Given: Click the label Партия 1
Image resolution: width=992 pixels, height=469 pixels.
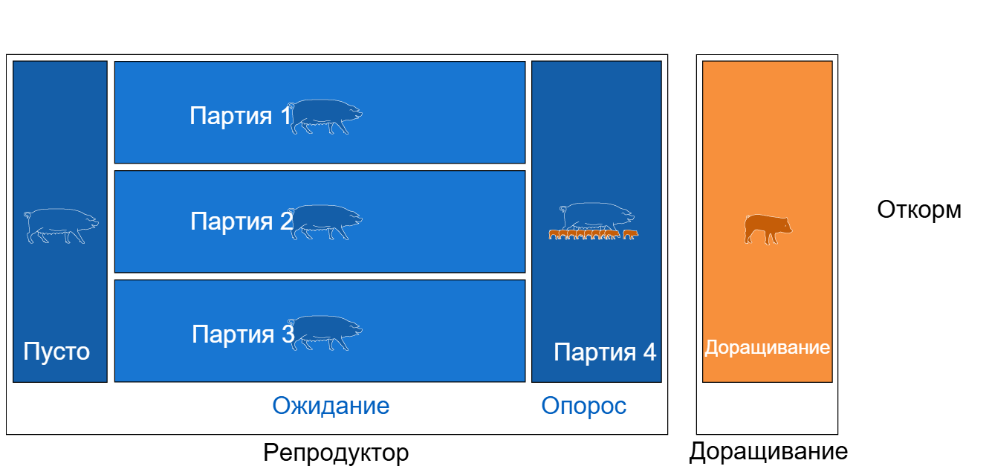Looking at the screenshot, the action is coord(241,116).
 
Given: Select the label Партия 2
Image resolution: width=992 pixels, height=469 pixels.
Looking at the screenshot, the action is coord(241,221).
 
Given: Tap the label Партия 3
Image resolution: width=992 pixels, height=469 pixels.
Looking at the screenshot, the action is coord(243,334).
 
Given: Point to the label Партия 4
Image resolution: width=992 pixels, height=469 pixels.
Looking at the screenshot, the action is coord(605,352).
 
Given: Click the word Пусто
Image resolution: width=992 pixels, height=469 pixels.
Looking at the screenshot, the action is coord(56,352).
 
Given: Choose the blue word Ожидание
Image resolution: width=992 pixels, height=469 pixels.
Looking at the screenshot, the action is coord(331,406).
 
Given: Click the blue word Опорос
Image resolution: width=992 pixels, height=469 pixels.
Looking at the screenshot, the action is coord(584,406).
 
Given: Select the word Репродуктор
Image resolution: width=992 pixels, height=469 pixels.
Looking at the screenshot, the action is coord(336,453).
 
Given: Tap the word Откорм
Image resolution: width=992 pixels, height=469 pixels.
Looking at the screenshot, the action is coord(919,210).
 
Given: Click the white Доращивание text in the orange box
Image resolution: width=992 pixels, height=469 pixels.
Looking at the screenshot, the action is coord(767,348).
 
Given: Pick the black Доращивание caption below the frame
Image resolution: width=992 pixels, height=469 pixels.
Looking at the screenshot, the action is coord(768,452).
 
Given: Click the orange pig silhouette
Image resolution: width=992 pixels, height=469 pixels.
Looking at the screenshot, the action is coord(768,230).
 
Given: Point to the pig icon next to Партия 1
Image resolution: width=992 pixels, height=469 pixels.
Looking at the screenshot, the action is coord(325,117).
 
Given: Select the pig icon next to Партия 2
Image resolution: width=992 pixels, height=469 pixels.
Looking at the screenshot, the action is coord(325,222).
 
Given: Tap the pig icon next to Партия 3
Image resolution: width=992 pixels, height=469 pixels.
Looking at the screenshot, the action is coord(325,332).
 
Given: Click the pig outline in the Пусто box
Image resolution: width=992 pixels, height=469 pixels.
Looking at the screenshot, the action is coord(61,225).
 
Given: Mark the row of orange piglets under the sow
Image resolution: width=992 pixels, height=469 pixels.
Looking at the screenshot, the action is coord(594,235).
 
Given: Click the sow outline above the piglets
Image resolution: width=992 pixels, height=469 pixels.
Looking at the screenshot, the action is coord(597,217).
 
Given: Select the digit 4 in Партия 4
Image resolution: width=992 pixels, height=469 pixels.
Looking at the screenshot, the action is coord(649,352).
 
